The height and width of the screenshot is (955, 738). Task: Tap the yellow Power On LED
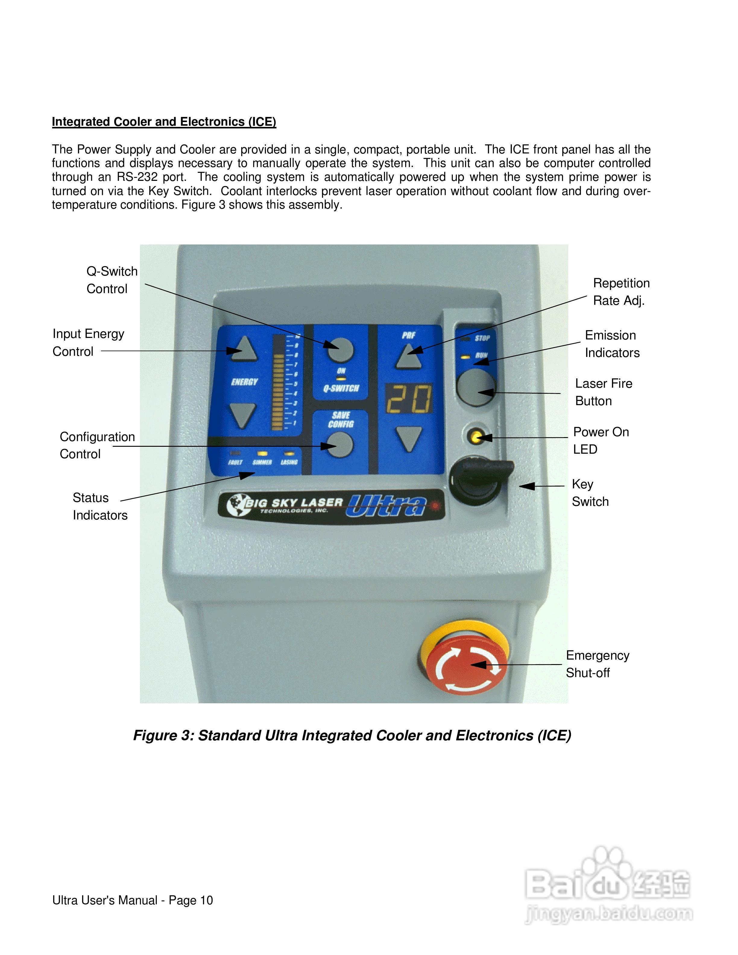[x=475, y=436]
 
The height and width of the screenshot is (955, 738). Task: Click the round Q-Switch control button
[x=340, y=349]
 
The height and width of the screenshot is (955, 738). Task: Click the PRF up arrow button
[x=409, y=356]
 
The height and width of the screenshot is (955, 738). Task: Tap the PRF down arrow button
[x=409, y=438]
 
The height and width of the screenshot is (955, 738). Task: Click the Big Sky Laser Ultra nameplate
[x=331, y=505]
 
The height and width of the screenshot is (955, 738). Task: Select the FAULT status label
[x=235, y=462]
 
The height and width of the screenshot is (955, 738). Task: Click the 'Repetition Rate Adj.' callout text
[x=621, y=292]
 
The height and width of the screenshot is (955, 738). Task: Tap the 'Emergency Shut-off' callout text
[x=597, y=664]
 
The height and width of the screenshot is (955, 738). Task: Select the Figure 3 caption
[x=352, y=736]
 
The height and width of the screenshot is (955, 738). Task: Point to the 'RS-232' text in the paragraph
[x=137, y=177]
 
